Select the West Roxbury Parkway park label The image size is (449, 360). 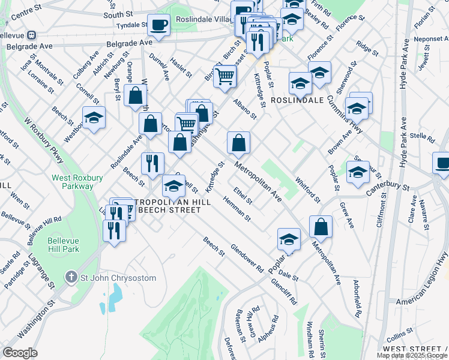73,182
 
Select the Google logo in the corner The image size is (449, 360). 20,353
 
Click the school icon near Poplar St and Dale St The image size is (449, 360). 289,239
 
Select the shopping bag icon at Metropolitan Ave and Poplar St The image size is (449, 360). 321,226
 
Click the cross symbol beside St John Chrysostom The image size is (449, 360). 71,277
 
